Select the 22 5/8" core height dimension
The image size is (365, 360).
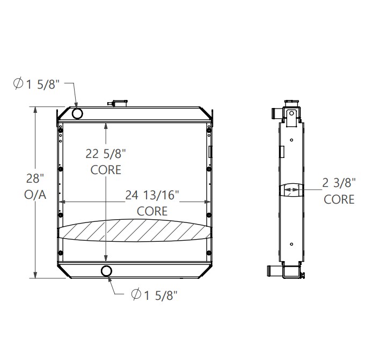(106, 154)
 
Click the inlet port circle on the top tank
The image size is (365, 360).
(77, 113)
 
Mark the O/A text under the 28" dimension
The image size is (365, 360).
(35, 195)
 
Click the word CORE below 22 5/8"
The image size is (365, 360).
(106, 170)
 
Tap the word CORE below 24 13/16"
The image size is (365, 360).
(152, 212)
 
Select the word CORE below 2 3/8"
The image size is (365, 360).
(339, 200)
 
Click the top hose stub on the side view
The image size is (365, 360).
(275, 114)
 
